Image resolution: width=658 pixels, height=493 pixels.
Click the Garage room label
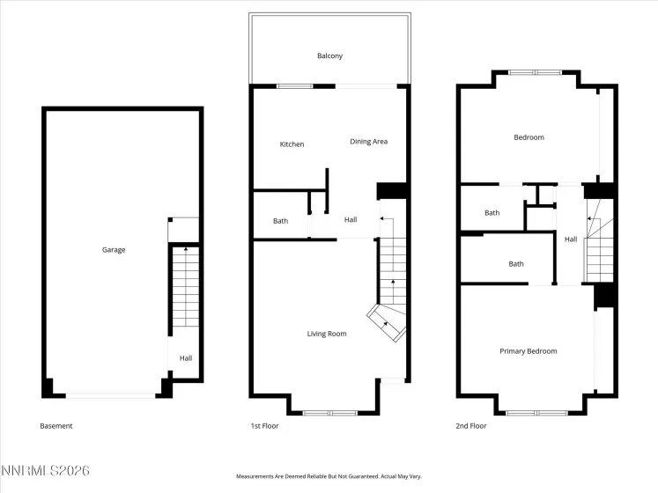click(114, 250)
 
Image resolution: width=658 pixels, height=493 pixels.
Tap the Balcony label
click(329, 56)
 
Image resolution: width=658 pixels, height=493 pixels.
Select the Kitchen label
click(292, 144)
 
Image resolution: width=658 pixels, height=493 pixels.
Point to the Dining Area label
click(368, 142)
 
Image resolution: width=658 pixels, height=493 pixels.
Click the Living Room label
click(326, 334)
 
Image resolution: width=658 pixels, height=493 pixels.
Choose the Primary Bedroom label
click(528, 351)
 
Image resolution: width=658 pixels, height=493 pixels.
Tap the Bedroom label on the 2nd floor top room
click(529, 137)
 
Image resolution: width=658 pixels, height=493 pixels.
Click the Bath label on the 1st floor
click(280, 221)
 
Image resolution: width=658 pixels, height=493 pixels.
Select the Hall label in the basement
click(186, 358)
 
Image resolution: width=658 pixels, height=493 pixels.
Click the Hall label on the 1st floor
click(351, 220)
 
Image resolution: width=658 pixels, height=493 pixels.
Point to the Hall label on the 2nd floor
click(571, 239)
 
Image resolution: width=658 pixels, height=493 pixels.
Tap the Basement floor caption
click(56, 426)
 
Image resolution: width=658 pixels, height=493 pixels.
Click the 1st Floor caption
click(264, 426)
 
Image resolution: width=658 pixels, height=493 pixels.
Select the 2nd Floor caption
click(471, 426)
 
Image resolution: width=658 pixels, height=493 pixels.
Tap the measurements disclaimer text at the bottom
click(329, 476)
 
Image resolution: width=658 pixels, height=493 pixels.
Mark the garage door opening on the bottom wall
click(112, 395)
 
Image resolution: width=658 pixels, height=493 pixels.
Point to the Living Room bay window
click(330, 412)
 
